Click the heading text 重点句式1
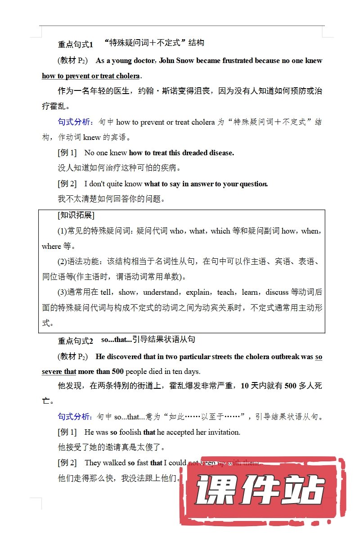(75, 44)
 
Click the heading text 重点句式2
(75, 341)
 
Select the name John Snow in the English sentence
(176, 61)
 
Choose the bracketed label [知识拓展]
(76, 216)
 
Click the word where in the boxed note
(51, 247)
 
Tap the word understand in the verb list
(162, 292)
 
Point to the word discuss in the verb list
(277, 292)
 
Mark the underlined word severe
(53, 372)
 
